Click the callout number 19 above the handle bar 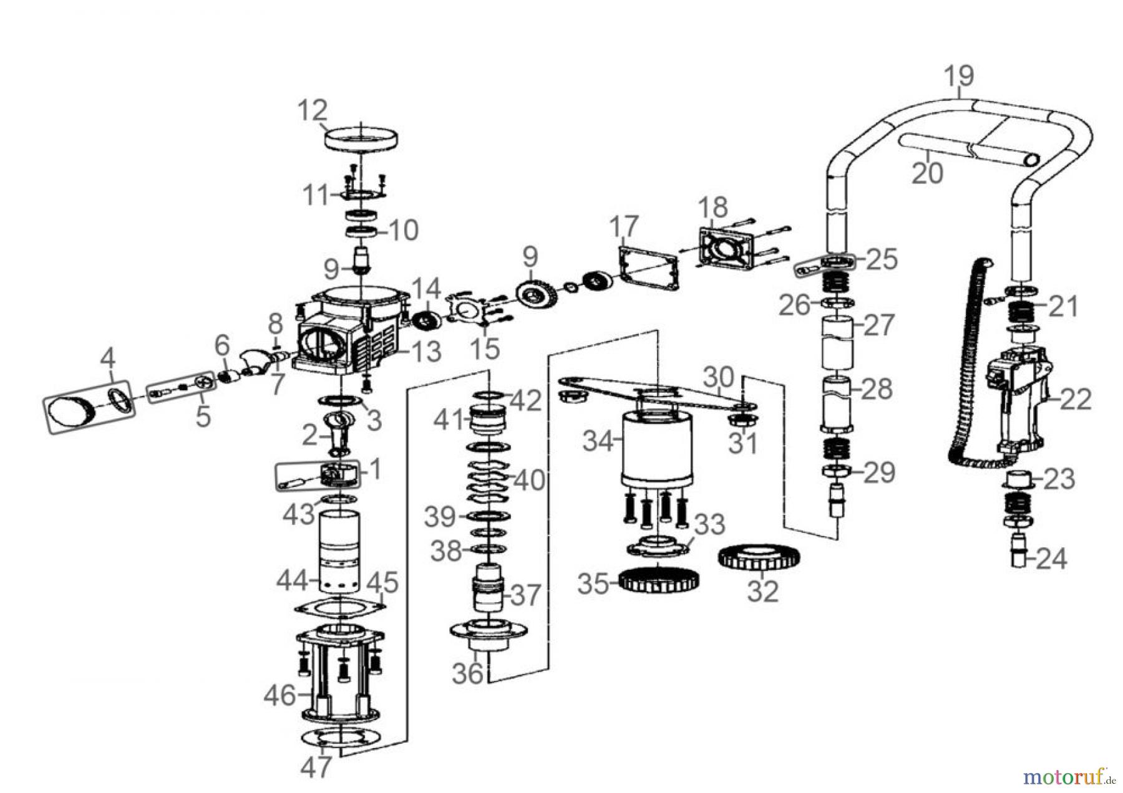(x=958, y=76)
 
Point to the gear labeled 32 (x=759, y=557)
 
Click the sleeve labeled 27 (x=837, y=342)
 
